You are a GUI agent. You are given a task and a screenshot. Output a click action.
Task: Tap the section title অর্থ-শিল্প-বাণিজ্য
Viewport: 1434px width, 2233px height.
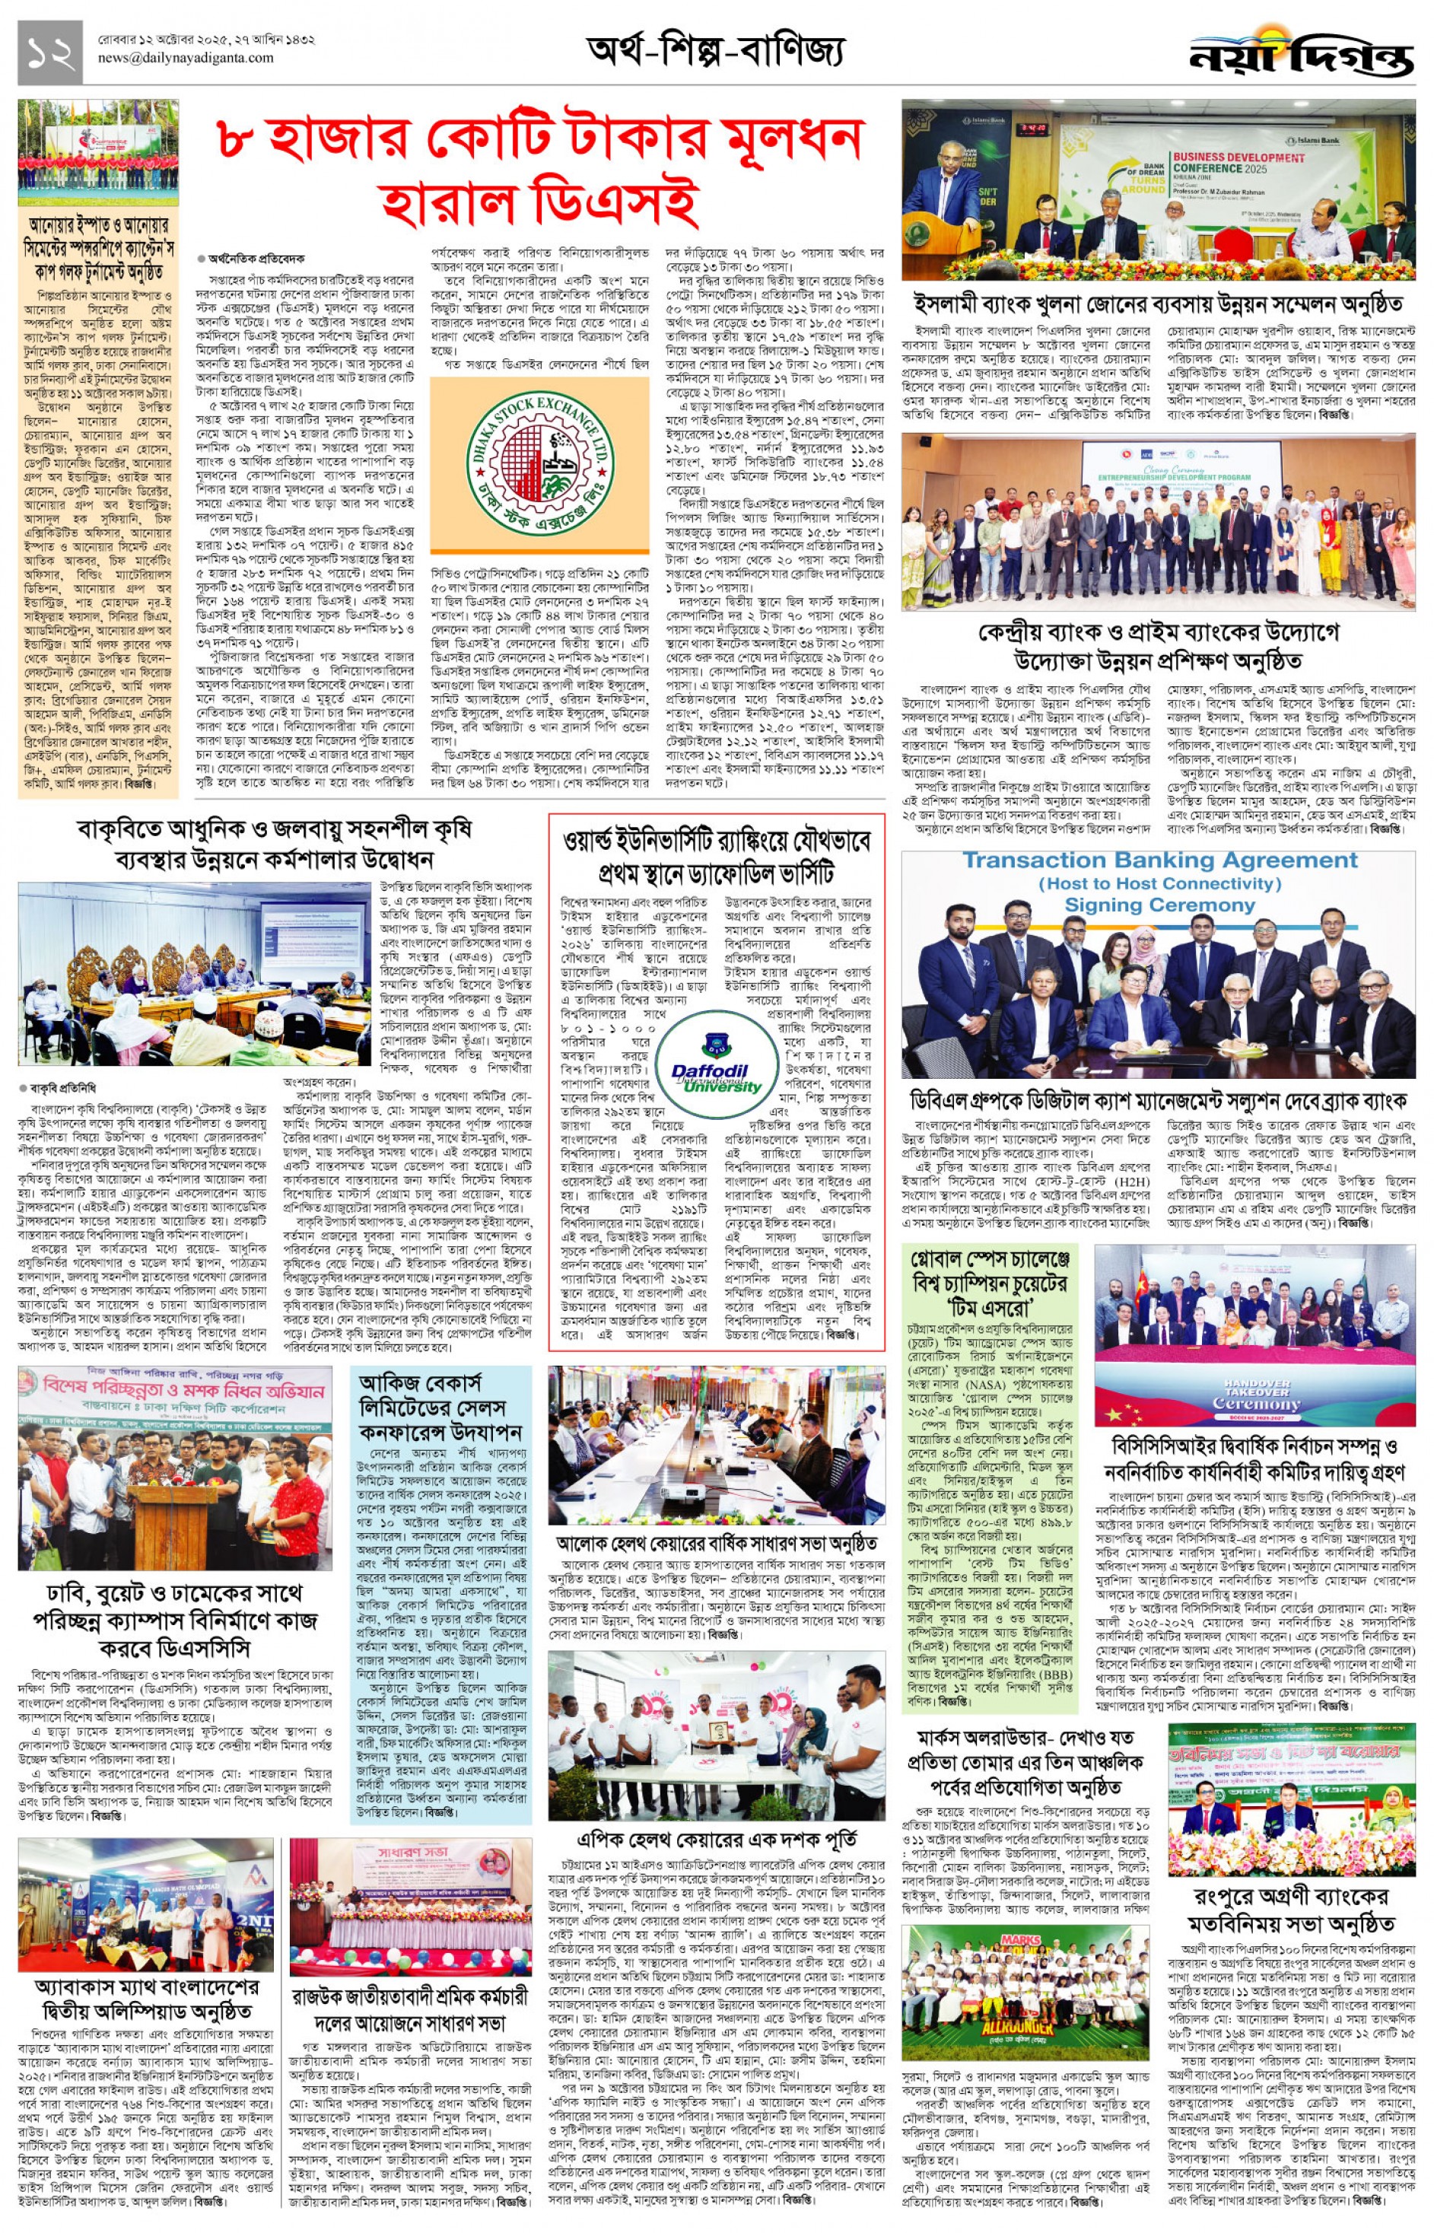tap(715, 51)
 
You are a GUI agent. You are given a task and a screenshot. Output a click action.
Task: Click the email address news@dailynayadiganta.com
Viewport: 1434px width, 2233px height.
tap(186, 58)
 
